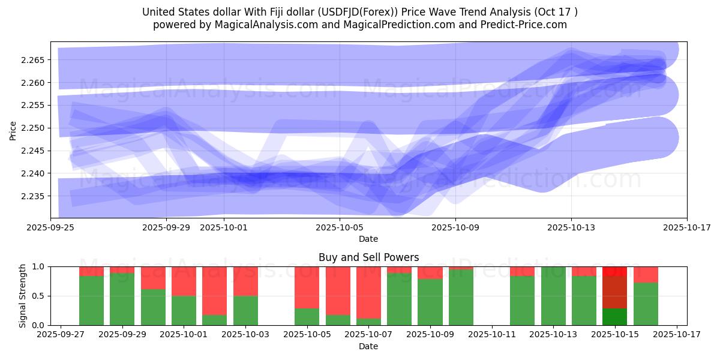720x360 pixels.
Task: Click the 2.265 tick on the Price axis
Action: click(35, 60)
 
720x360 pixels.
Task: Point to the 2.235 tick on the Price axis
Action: click(35, 196)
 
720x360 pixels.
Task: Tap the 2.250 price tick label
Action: click(35, 128)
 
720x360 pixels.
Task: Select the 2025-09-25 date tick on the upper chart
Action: click(51, 228)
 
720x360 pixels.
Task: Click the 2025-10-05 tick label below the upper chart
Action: click(340, 228)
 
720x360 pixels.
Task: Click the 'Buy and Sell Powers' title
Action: click(368, 257)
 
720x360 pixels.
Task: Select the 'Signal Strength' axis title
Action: click(23, 295)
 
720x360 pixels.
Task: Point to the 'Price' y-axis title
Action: click(13, 130)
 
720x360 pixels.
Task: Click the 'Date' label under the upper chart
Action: click(368, 239)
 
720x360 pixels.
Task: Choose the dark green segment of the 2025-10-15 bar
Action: click(614, 316)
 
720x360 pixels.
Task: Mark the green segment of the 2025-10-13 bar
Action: click(553, 296)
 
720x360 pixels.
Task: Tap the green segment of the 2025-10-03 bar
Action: click(245, 310)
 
